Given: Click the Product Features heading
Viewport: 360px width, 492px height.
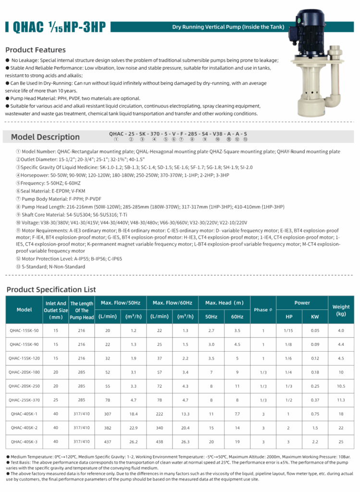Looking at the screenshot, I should [36, 50].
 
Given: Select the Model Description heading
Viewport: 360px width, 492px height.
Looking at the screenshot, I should [45, 137].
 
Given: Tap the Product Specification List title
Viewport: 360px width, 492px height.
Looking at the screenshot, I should [51, 289].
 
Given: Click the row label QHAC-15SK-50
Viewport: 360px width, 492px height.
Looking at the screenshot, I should [24, 331].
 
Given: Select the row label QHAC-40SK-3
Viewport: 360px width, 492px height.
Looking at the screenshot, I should [24, 442].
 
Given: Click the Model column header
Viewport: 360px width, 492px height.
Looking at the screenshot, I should [24, 310].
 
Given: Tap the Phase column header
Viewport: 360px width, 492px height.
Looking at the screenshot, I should [263, 310].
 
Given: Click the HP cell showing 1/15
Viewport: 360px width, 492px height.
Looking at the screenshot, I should [288, 331].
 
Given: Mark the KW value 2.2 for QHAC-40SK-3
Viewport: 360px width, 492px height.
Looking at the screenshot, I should [315, 442].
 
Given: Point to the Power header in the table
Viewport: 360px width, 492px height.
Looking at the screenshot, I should [302, 303].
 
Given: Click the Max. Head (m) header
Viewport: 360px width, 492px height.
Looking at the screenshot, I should [224, 303].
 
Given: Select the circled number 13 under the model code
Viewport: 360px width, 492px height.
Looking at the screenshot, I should [245, 139].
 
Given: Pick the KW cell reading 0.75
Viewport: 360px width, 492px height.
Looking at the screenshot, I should [315, 414].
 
